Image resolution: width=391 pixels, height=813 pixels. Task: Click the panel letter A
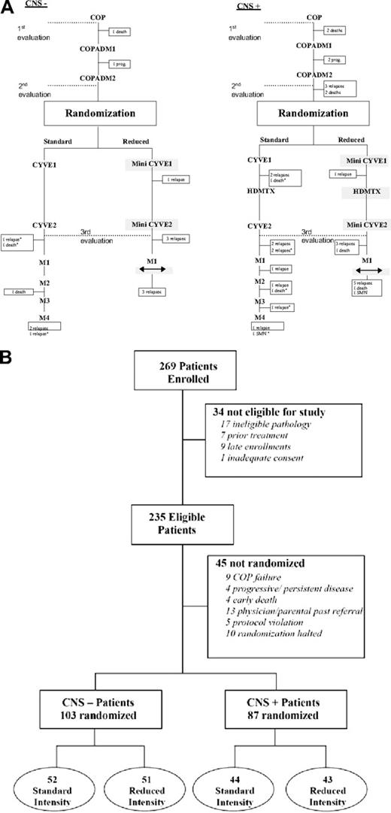(6, 6)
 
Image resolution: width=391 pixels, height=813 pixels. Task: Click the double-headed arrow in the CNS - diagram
(151, 270)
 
